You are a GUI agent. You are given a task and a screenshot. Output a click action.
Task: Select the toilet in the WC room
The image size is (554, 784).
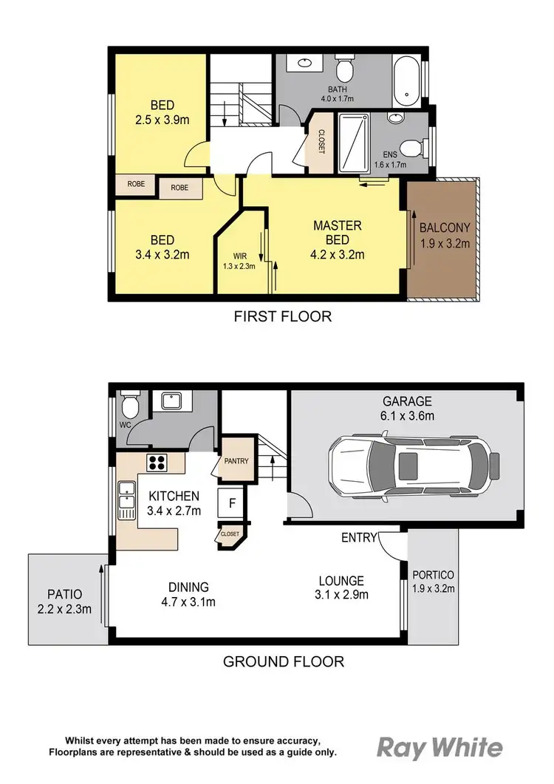tap(129, 405)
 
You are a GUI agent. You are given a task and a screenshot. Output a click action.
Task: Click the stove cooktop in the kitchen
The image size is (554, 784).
tap(157, 463)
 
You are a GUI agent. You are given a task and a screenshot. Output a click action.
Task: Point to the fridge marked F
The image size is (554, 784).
tap(231, 504)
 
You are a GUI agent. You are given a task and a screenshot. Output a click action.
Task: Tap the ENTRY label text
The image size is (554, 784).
tap(359, 537)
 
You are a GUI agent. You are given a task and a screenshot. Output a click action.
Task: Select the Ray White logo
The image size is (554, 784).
tap(440, 747)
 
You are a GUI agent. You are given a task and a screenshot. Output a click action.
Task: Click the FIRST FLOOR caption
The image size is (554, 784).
tap(283, 317)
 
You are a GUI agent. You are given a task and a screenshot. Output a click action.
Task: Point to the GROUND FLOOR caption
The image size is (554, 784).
tap(284, 661)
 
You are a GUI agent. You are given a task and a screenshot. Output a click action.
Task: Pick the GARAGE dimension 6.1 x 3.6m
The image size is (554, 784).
tap(403, 417)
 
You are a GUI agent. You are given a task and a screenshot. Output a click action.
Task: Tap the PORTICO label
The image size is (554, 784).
tap(433, 574)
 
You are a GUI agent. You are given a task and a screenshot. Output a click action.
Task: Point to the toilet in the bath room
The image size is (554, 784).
tap(345, 72)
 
